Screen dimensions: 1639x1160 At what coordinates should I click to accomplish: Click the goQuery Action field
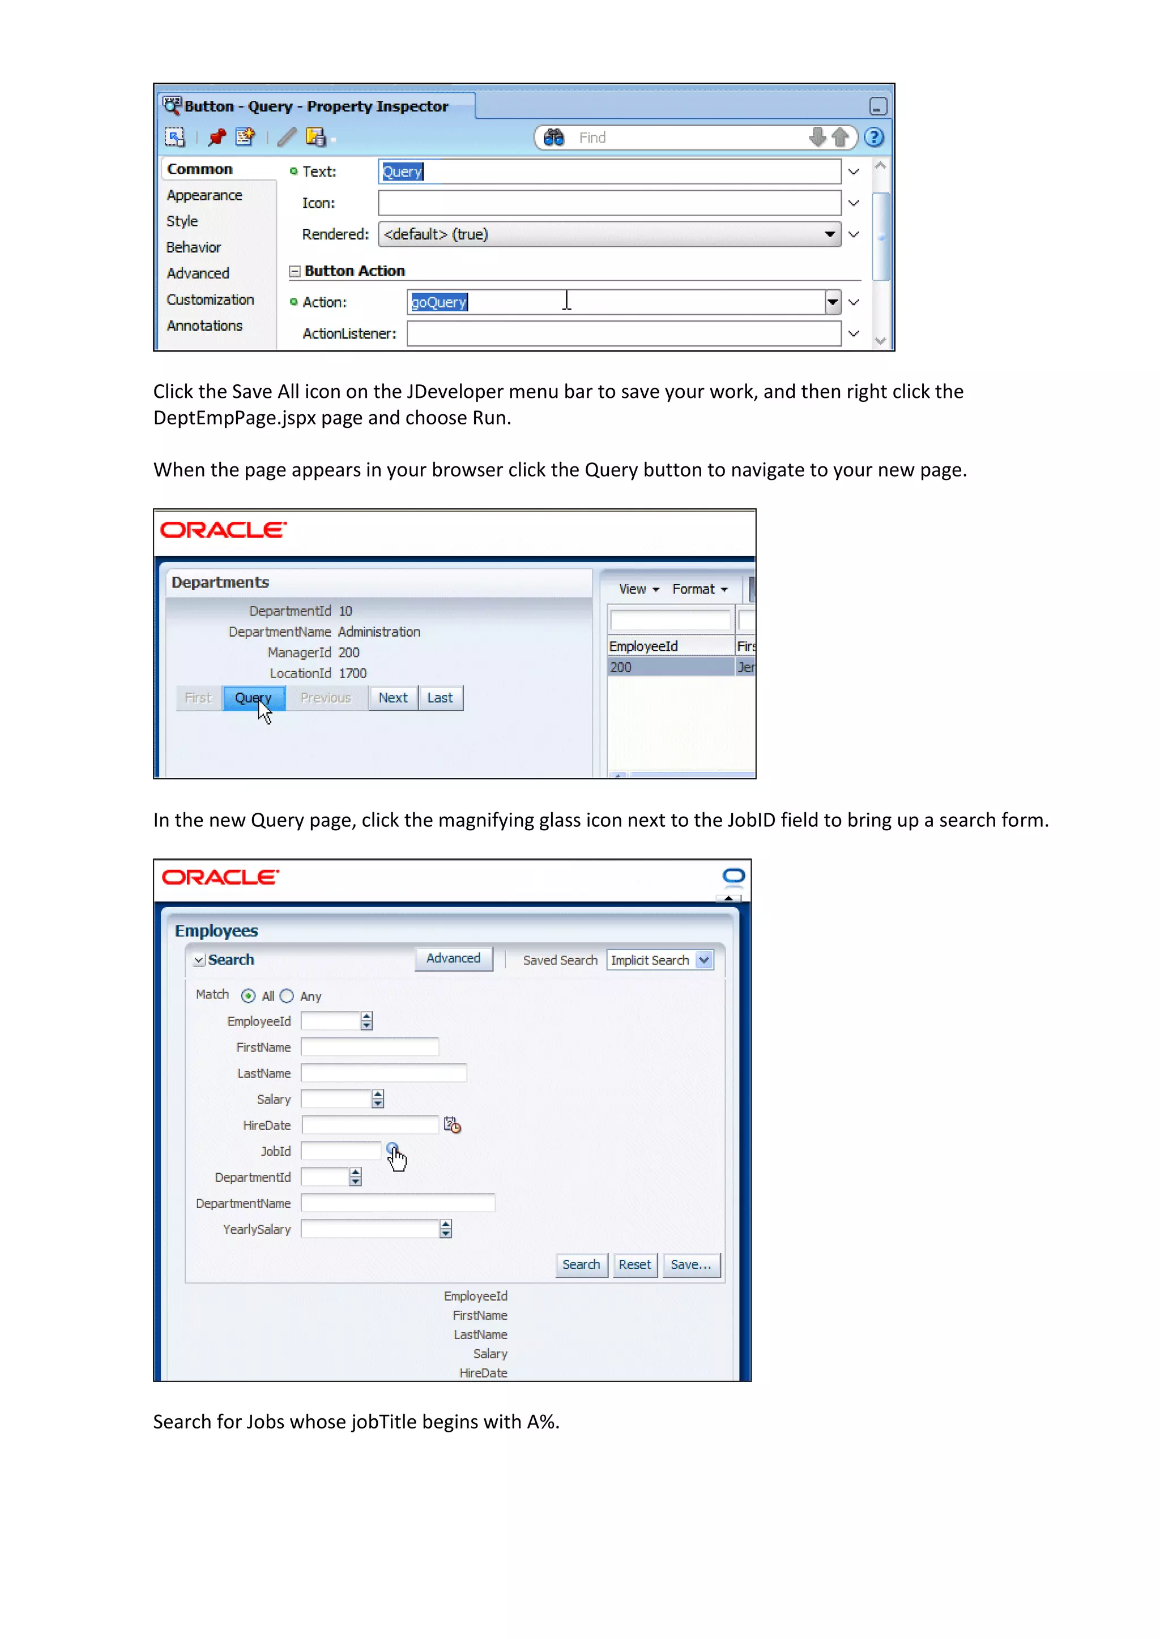tap(615, 302)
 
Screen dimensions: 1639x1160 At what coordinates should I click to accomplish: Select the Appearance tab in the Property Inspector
tap(204, 196)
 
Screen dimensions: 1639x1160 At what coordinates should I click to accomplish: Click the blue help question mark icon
tap(873, 137)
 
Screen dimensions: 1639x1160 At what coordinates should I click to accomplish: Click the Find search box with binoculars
tap(686, 137)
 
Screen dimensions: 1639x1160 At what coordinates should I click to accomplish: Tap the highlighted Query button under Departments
tap(254, 697)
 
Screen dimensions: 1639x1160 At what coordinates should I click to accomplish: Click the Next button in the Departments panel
tap(393, 697)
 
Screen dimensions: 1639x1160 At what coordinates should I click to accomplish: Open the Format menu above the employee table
tap(700, 589)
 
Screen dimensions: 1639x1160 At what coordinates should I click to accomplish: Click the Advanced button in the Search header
tap(453, 959)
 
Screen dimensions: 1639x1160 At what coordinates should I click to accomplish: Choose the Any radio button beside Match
tap(287, 996)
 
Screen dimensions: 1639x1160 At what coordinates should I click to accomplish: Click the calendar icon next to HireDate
tap(452, 1125)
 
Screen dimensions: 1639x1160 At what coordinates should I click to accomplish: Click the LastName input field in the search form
tap(383, 1073)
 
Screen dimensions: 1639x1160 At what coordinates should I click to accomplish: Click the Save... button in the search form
tap(690, 1265)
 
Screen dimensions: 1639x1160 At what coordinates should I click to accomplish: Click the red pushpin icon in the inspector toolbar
tap(217, 137)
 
